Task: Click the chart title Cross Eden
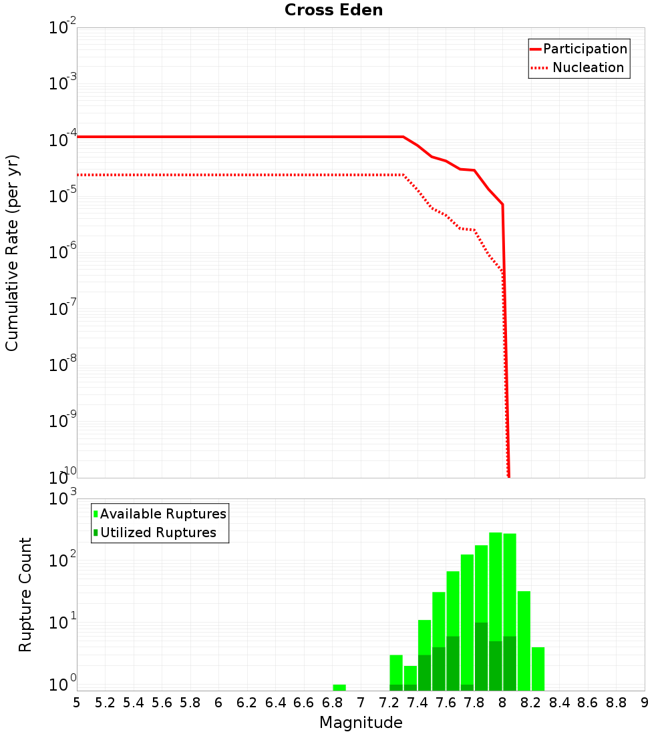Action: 333,10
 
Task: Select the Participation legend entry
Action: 585,49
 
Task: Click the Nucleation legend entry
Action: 588,67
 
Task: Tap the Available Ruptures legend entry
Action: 163,514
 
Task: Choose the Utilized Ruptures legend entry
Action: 158,532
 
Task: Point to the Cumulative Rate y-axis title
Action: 12,253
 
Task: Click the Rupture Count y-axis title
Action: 25,595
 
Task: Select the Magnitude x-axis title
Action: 361,723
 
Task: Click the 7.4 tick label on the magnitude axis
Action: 417,703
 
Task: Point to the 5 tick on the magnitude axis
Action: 77,703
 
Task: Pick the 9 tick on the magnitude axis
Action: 645,703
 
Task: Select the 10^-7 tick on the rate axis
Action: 63,309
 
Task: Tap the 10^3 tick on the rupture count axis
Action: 63,498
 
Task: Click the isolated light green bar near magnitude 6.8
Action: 339,687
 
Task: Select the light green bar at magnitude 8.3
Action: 538,669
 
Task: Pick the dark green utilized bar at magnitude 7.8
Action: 481,657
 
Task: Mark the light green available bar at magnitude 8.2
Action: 524,641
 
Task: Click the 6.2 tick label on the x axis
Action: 247,703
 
